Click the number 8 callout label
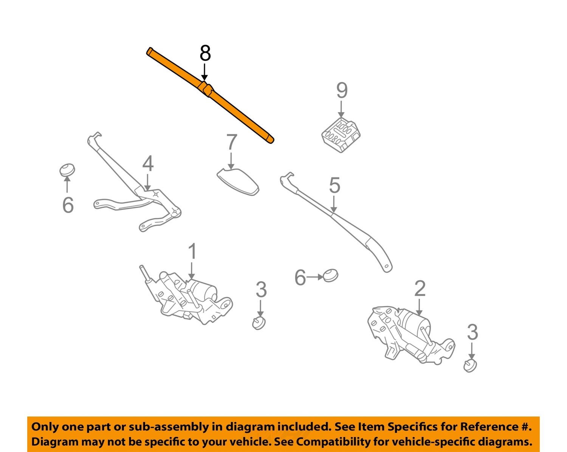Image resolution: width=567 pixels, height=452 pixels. (x=205, y=53)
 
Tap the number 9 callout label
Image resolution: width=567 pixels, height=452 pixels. (x=342, y=91)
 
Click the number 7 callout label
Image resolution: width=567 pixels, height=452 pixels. (x=231, y=142)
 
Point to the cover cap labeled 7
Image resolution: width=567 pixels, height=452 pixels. (x=239, y=182)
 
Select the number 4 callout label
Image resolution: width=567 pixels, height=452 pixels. (x=148, y=164)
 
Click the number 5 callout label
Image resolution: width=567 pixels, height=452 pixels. (x=335, y=185)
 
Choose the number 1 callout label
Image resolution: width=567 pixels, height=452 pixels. (x=192, y=251)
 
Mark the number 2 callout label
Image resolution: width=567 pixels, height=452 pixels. (x=420, y=289)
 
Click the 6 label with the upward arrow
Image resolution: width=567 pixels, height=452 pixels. (x=68, y=205)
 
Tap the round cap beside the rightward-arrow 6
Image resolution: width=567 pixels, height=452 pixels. (x=330, y=275)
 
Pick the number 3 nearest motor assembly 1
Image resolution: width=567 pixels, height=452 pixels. (x=261, y=290)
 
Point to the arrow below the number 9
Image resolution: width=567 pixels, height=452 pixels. (x=341, y=110)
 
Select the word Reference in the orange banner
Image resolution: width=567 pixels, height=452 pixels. (x=489, y=427)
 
